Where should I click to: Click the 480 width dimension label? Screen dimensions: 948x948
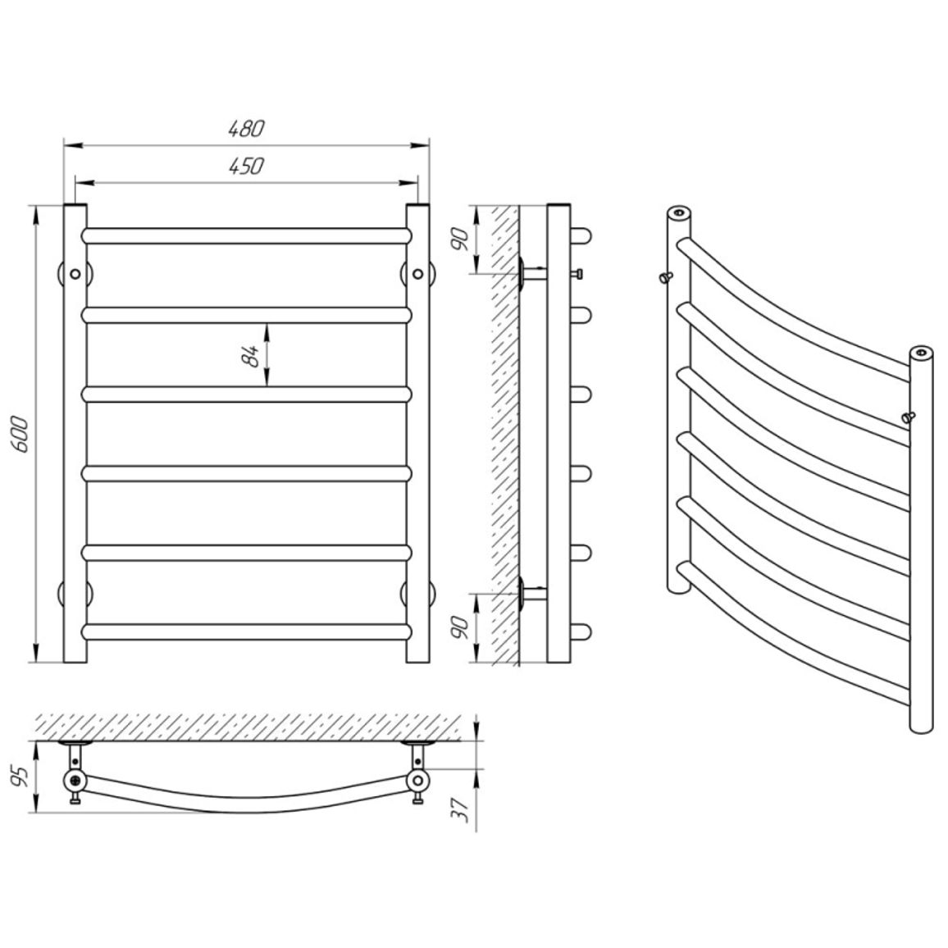pos(247,128)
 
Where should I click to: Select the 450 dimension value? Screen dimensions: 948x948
pos(247,166)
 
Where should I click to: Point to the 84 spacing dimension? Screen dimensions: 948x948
pos(249,356)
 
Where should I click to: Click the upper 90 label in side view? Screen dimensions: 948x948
pos(462,240)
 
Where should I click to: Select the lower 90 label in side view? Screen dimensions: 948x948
pos(462,628)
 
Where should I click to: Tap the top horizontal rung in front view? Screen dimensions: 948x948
pos(247,236)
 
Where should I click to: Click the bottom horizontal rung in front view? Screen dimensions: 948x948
pos(247,631)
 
